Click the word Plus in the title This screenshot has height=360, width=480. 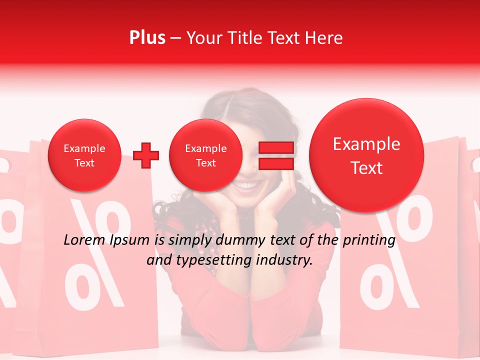(147, 38)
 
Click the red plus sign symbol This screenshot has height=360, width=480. (146, 155)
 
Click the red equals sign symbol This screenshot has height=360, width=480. (275, 155)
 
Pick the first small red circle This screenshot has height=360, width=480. (84, 155)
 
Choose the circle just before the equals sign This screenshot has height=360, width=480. (205, 155)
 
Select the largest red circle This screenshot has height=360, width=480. (366, 155)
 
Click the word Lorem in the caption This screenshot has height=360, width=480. (82, 240)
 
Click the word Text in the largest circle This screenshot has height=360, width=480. (366, 168)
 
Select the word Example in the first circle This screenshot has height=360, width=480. (84, 148)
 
